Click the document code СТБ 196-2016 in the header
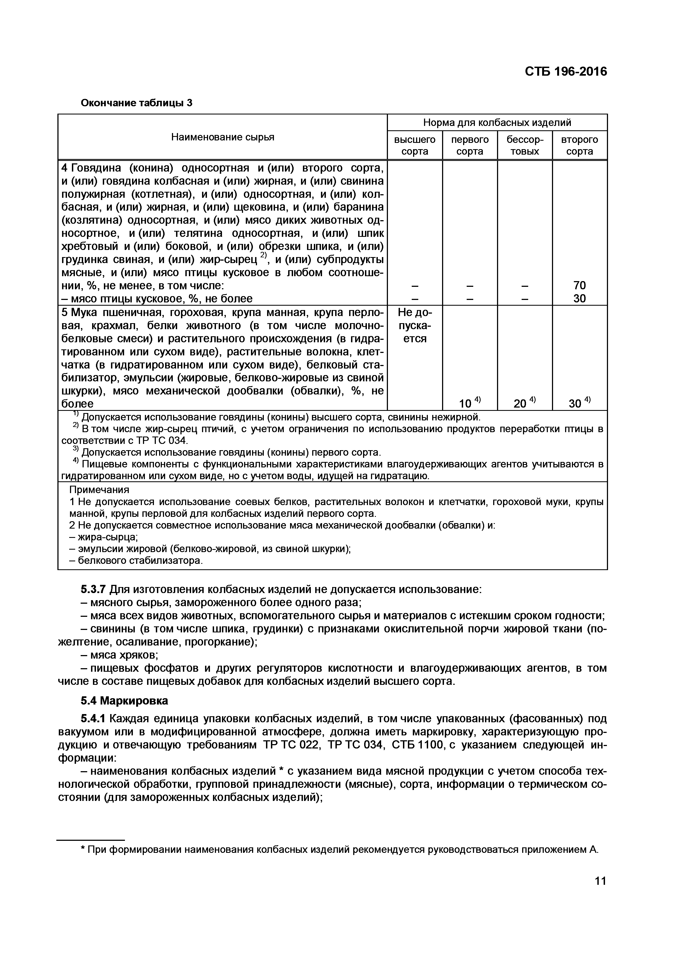(566, 72)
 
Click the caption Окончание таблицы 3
(136, 103)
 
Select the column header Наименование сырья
(223, 137)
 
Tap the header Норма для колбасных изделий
(497, 123)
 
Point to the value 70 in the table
(580, 285)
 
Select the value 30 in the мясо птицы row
(580, 298)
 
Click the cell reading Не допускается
(414, 325)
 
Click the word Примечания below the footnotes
(99, 490)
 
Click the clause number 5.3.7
(94, 589)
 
